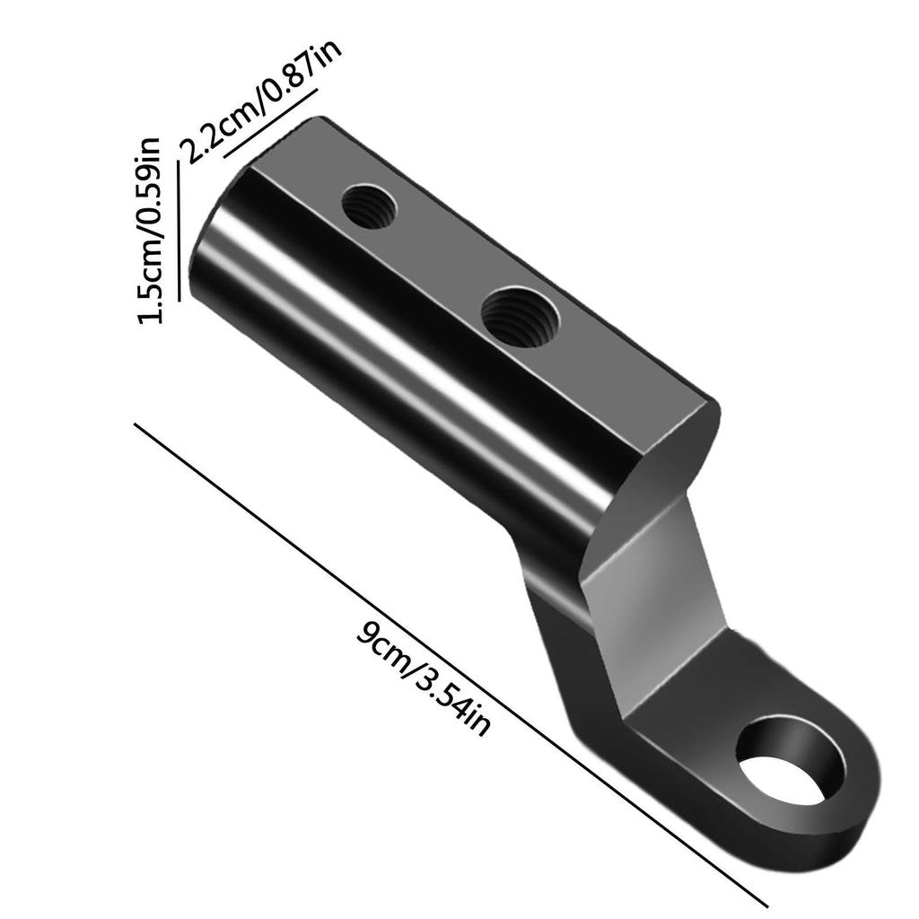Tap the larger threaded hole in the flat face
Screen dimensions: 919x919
click(x=520, y=317)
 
